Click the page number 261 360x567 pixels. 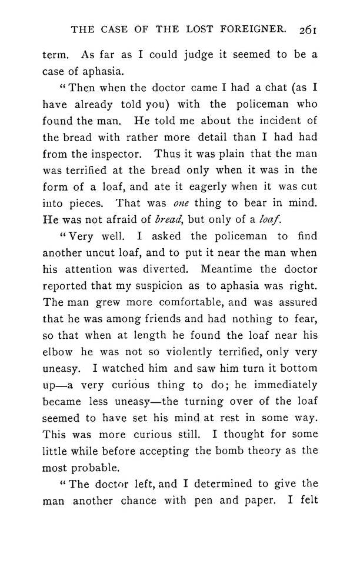tap(308, 29)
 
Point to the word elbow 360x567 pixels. tap(58, 352)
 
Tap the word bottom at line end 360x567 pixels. tap(299, 369)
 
